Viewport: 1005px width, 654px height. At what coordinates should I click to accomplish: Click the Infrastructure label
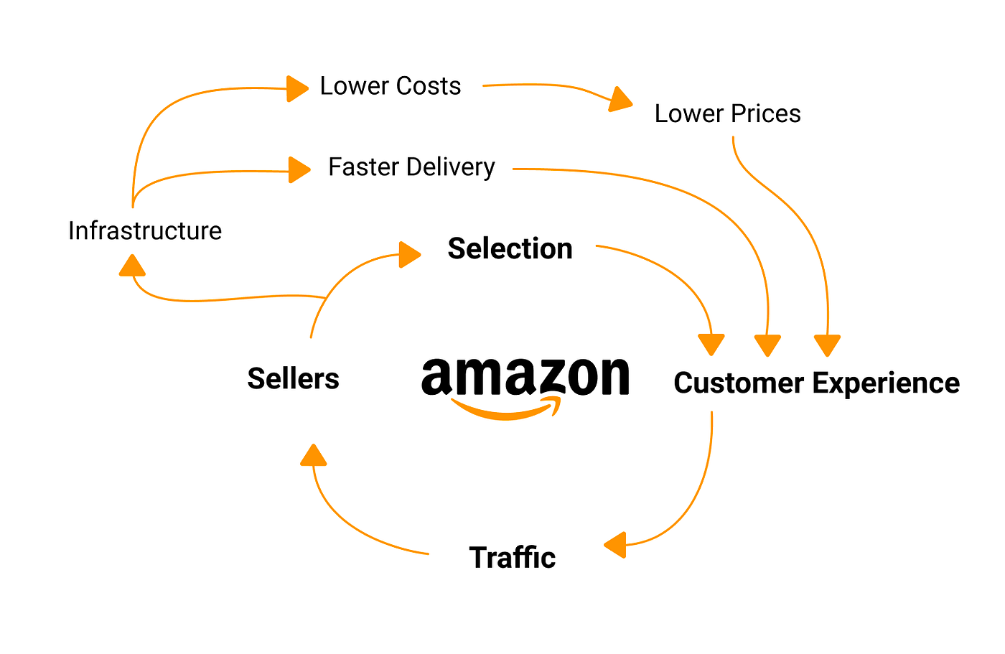coord(145,231)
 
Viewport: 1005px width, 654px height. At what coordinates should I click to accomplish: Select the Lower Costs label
coord(391,86)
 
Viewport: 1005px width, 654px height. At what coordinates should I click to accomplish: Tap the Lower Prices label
coord(727,113)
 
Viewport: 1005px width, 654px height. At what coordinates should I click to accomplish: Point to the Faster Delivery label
coord(411,167)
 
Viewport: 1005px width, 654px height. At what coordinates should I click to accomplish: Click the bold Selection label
coord(510,248)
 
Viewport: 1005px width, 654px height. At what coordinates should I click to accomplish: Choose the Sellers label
coord(293,378)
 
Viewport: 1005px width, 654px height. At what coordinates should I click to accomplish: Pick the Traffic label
coord(513,558)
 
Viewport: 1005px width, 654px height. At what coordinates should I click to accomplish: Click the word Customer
coord(739,383)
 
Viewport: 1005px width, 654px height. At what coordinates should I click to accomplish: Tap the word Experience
coord(886,383)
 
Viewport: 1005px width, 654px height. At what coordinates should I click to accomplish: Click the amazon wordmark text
coord(525,376)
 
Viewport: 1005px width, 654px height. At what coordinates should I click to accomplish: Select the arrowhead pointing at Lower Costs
coord(296,88)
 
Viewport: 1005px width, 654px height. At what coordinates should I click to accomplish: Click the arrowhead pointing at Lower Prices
coord(620,100)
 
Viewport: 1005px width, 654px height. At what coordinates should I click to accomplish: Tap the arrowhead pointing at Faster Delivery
coord(299,170)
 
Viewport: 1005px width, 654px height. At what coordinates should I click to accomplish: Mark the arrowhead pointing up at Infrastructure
coord(132,266)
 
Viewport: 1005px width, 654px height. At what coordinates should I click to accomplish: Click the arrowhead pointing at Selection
coord(409,254)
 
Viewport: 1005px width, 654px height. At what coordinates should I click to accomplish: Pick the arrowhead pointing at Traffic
coord(616,545)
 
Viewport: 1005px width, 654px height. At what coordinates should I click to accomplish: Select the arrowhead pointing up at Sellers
coord(314,455)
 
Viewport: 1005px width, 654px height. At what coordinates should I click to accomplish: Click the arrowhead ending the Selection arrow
coord(711,345)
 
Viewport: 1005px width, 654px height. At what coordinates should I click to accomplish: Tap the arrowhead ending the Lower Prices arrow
coord(827,345)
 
